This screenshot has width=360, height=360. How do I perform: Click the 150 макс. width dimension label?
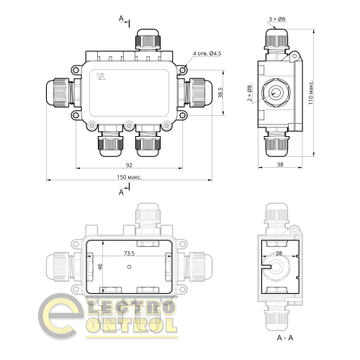coord(130,176)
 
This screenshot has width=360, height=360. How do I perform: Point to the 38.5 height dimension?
coord(221,93)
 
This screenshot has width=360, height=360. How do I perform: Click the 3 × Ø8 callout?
coord(276,19)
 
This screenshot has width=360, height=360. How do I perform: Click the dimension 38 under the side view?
coord(279,165)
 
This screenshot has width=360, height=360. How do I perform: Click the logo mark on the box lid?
coord(100,75)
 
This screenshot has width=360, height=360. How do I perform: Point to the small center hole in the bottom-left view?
coord(127,266)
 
